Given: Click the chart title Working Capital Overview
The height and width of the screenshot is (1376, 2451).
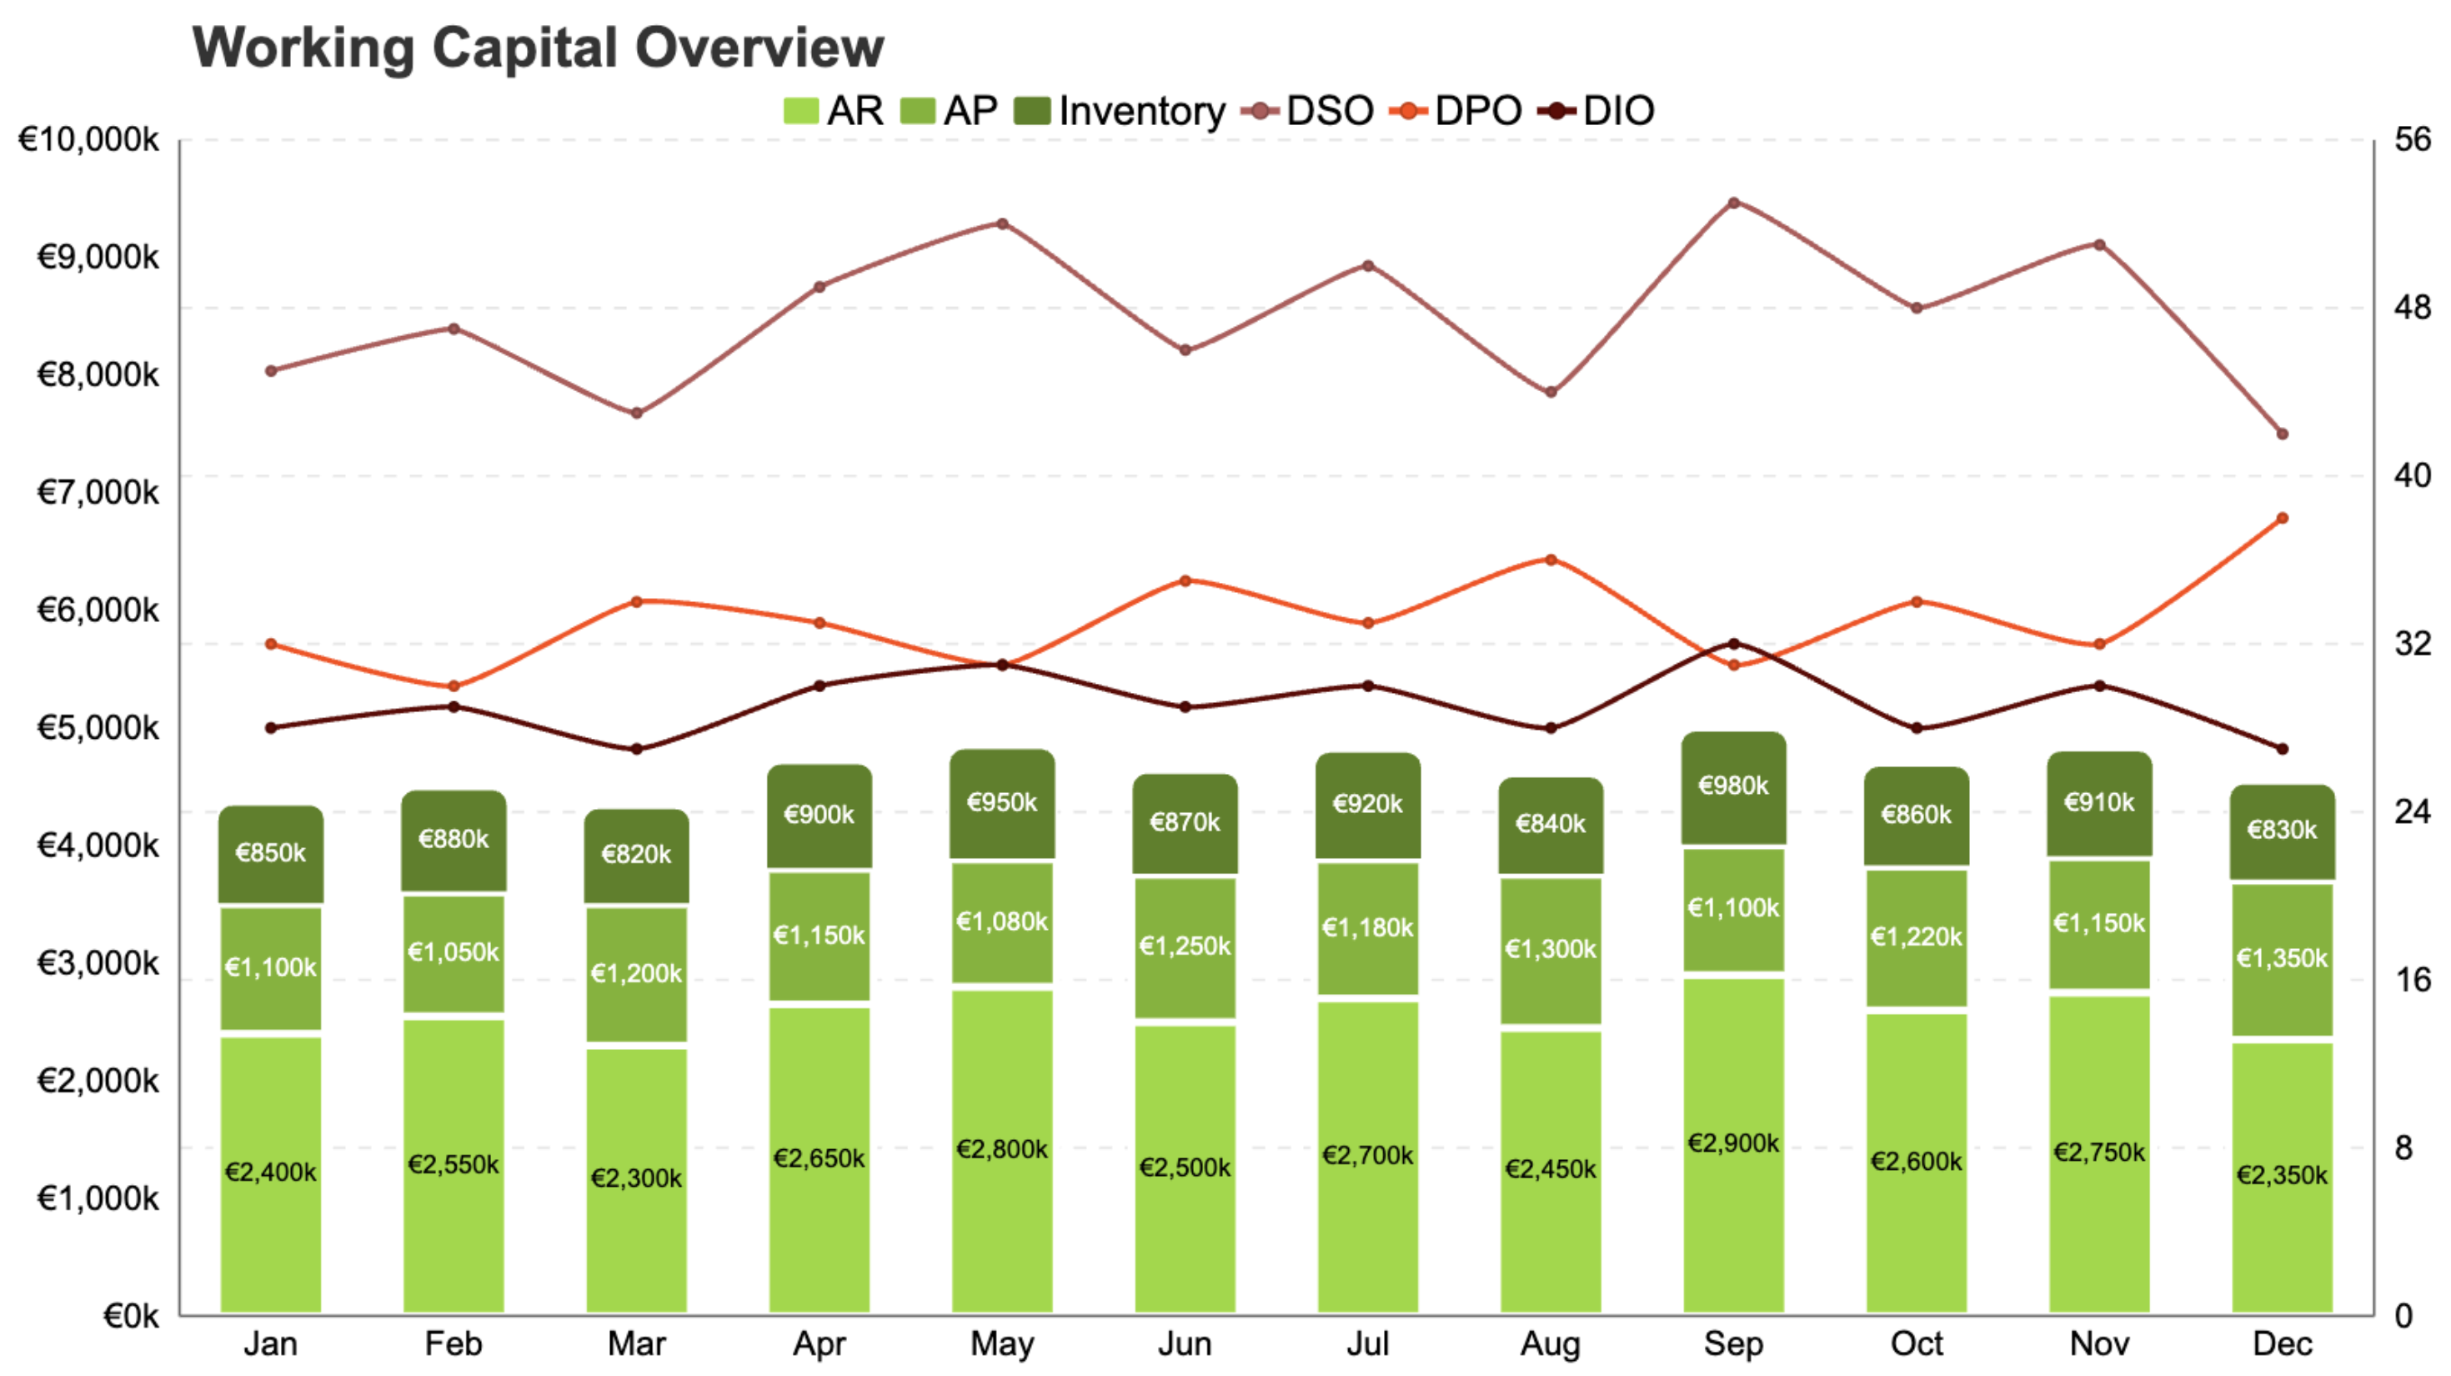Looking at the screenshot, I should coord(538,48).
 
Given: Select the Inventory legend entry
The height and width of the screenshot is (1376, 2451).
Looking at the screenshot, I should coord(1120,112).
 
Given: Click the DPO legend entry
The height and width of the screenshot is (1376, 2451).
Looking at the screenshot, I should coord(1456,112).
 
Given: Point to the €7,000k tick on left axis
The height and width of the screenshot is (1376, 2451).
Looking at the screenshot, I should coord(97,493).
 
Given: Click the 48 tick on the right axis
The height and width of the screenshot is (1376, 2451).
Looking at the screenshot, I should coord(2412,309).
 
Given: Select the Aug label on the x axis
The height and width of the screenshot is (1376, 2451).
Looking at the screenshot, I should coord(1550,1343).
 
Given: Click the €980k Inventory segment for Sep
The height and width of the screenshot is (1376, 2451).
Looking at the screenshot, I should coord(1732,788).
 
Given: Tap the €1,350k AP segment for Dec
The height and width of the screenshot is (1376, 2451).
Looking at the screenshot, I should coord(2282,959).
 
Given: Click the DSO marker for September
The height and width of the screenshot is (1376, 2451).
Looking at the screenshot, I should coord(1733,203).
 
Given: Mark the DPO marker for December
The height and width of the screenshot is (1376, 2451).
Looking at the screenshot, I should coord(2282,519).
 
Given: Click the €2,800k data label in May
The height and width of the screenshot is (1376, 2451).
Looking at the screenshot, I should coord(1002,1149).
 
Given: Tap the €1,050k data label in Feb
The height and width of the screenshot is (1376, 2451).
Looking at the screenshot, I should coord(453,952).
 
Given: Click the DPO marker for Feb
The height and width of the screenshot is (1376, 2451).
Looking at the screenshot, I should coord(454,686).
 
